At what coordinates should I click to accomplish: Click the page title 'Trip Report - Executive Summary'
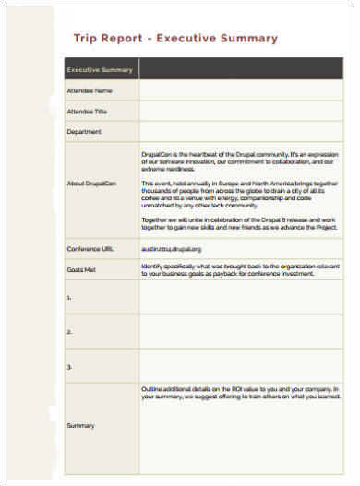coord(174,39)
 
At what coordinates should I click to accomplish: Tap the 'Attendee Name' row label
coord(90,90)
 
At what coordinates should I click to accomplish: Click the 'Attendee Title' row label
coord(89,111)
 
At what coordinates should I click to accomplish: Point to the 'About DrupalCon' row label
coord(92,184)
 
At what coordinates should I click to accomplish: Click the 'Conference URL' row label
coord(90,249)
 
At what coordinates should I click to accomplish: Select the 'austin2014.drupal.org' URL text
coord(172,249)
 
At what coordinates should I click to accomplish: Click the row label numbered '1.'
coord(69,299)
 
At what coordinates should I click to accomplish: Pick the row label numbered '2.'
coord(69,331)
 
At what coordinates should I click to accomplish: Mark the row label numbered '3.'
coord(69,366)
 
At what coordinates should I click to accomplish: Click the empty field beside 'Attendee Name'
coord(241,90)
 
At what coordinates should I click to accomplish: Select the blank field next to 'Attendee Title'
coord(241,111)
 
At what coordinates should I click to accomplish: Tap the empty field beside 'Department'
coord(241,131)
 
